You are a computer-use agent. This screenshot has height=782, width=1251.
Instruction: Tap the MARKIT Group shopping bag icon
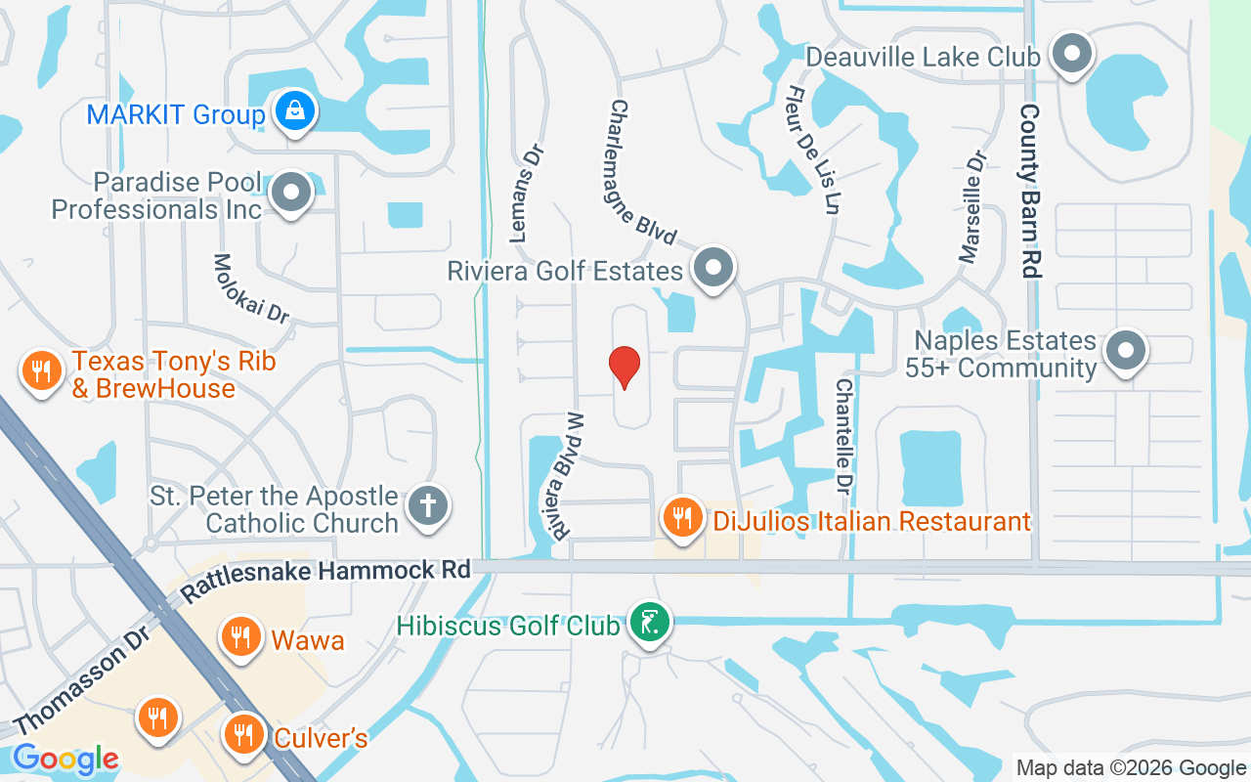click(294, 111)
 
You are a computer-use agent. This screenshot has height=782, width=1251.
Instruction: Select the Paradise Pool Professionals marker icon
click(290, 193)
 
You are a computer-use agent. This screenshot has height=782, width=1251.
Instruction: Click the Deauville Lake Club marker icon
click(1072, 54)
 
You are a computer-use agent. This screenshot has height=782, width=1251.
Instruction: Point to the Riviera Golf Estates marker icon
click(712, 267)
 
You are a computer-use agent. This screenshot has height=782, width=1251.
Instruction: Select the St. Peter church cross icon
click(427, 506)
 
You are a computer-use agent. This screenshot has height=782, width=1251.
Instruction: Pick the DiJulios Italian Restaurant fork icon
click(682, 517)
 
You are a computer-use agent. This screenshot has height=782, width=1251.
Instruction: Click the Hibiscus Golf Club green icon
click(649, 622)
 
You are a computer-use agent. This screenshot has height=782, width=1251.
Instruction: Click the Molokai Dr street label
click(251, 289)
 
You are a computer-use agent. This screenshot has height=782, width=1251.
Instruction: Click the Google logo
click(65, 759)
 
